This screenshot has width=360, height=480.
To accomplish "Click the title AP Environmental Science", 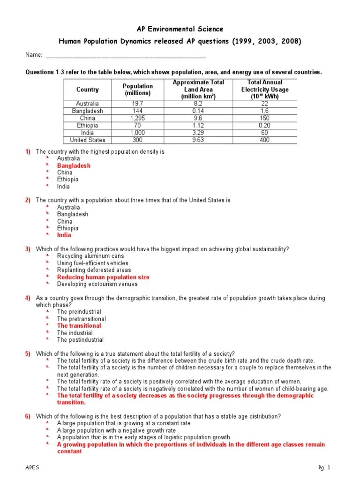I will (180, 29).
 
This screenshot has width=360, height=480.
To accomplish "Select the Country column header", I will (87, 90).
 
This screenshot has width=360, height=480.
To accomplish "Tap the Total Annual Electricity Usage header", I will (265, 89).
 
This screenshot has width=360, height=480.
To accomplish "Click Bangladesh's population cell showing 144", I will (138, 111).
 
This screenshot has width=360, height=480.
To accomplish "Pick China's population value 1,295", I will (138, 119).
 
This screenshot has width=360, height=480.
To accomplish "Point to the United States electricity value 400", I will (265, 140).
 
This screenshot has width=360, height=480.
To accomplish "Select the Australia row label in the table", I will (87, 104).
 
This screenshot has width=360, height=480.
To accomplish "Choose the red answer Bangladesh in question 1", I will (74, 165).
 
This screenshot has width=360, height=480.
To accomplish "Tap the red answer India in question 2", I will (64, 235).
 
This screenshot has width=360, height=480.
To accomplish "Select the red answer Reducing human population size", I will (103, 277).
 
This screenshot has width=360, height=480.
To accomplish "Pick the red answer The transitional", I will (79, 326).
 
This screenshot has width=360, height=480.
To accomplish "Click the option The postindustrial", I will (80, 340).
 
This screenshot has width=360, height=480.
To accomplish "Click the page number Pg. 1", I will (324, 468).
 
